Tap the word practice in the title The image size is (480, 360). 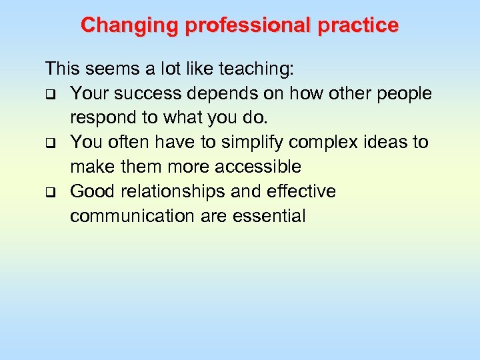(x=358, y=25)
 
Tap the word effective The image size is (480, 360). (x=301, y=191)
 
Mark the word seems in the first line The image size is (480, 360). (x=105, y=69)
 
